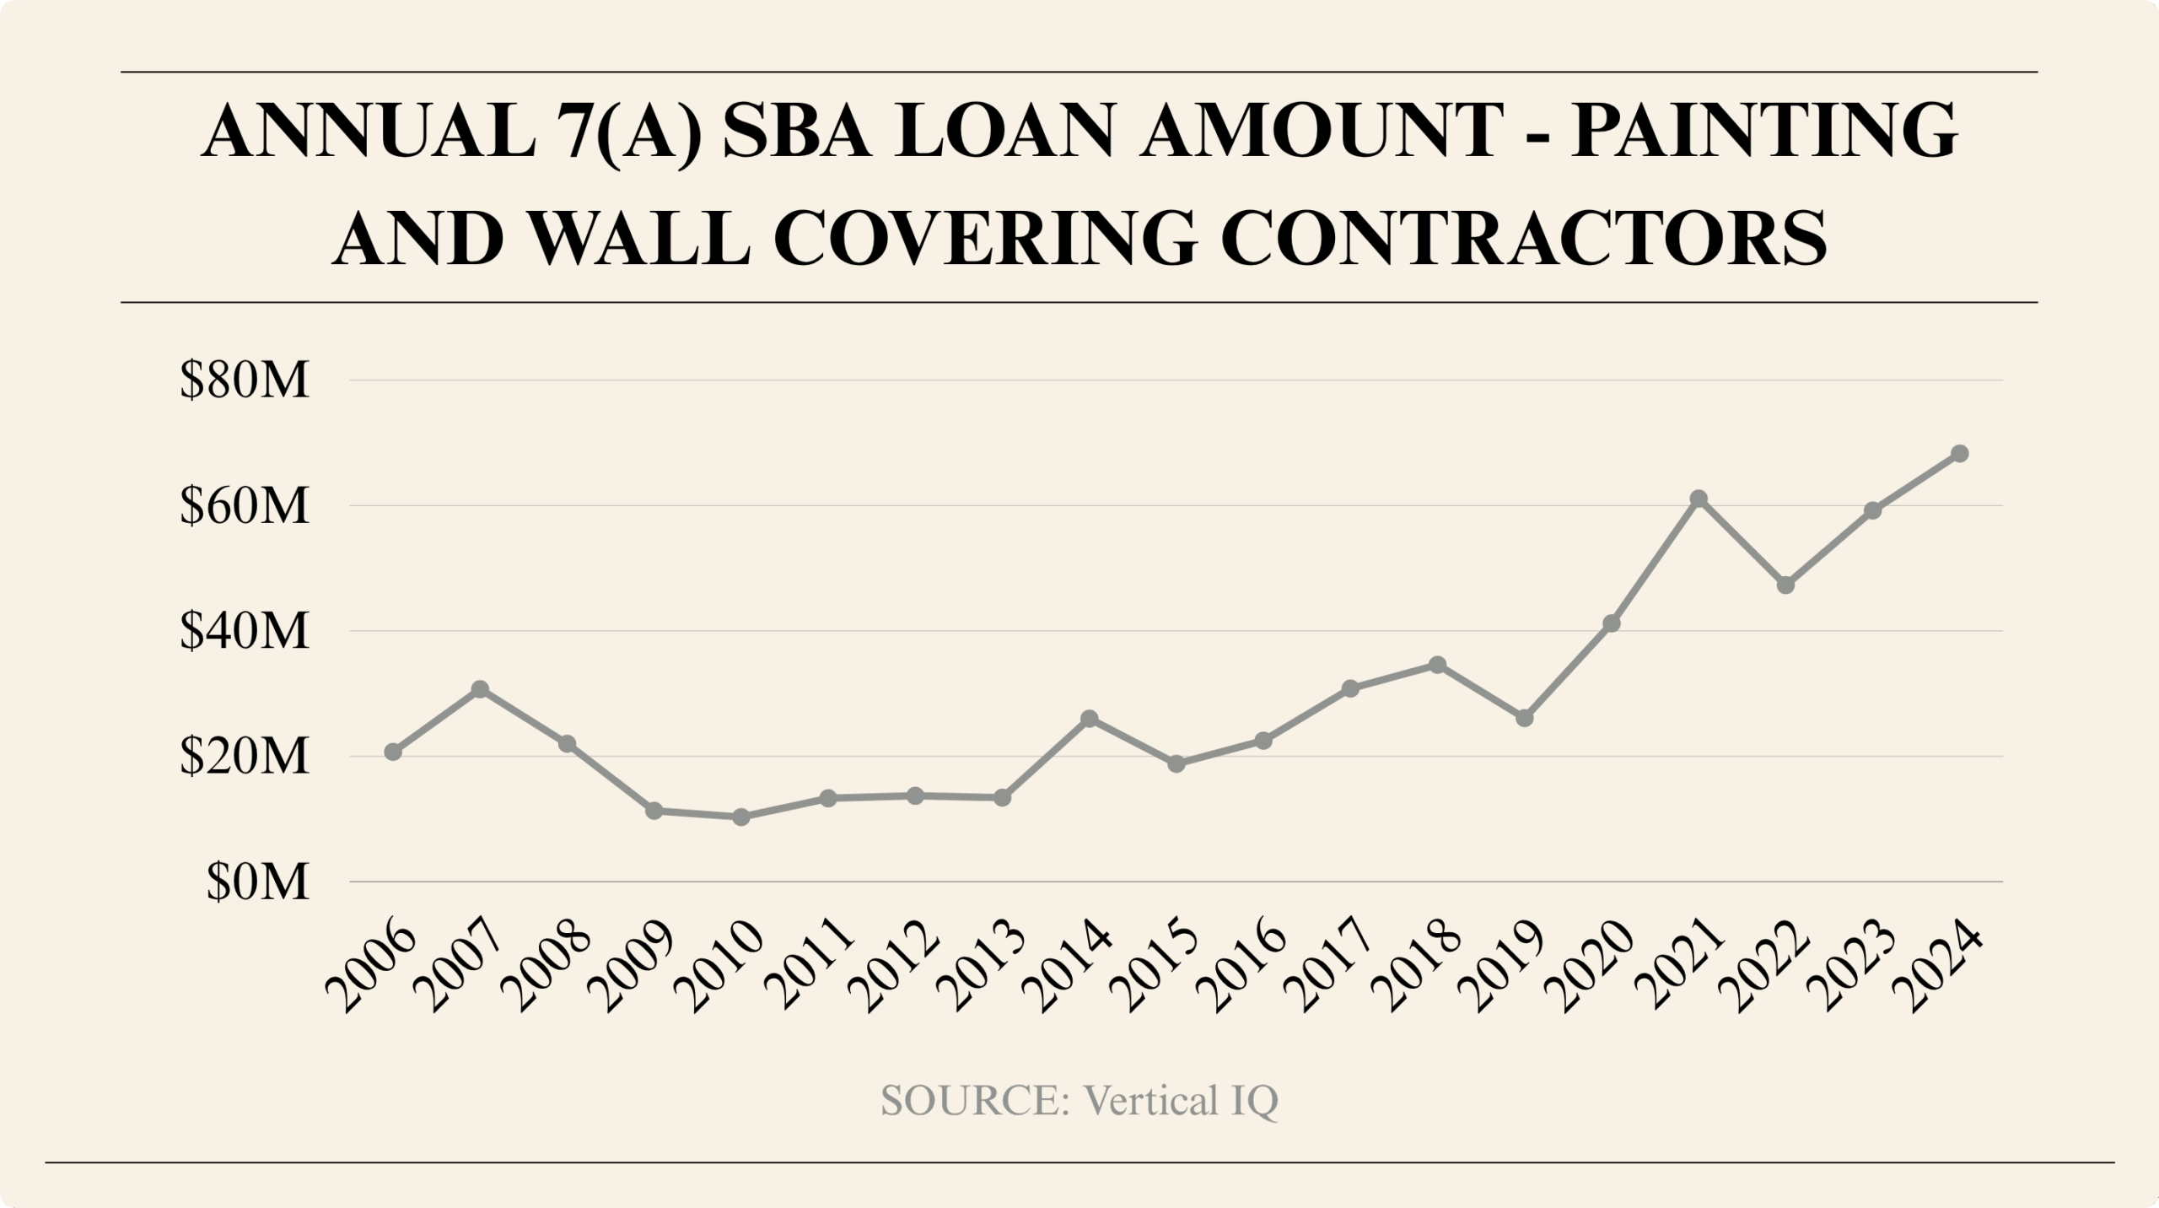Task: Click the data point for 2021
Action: tap(1699, 499)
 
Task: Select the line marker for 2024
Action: tap(1960, 454)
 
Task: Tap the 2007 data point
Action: tap(480, 689)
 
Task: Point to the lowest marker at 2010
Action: tap(741, 817)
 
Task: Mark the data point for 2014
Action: tap(1089, 719)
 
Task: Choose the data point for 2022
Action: tap(1785, 585)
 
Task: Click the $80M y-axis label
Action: tap(245, 381)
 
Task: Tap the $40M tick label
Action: tap(245, 632)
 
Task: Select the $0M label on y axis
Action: tap(257, 883)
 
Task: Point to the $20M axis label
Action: tap(245, 758)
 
